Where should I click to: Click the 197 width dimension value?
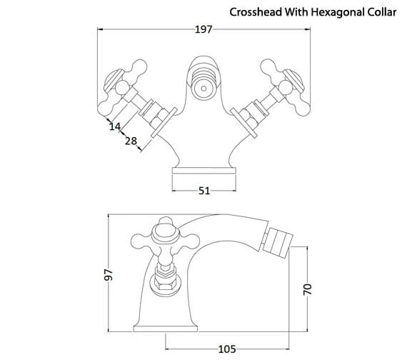pos(204,30)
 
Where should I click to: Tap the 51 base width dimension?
pos(203,191)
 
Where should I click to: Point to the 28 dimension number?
pos(131,142)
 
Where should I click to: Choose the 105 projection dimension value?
pos(226,349)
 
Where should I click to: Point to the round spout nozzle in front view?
pos(203,91)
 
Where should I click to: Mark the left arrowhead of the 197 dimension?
pos(100,30)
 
